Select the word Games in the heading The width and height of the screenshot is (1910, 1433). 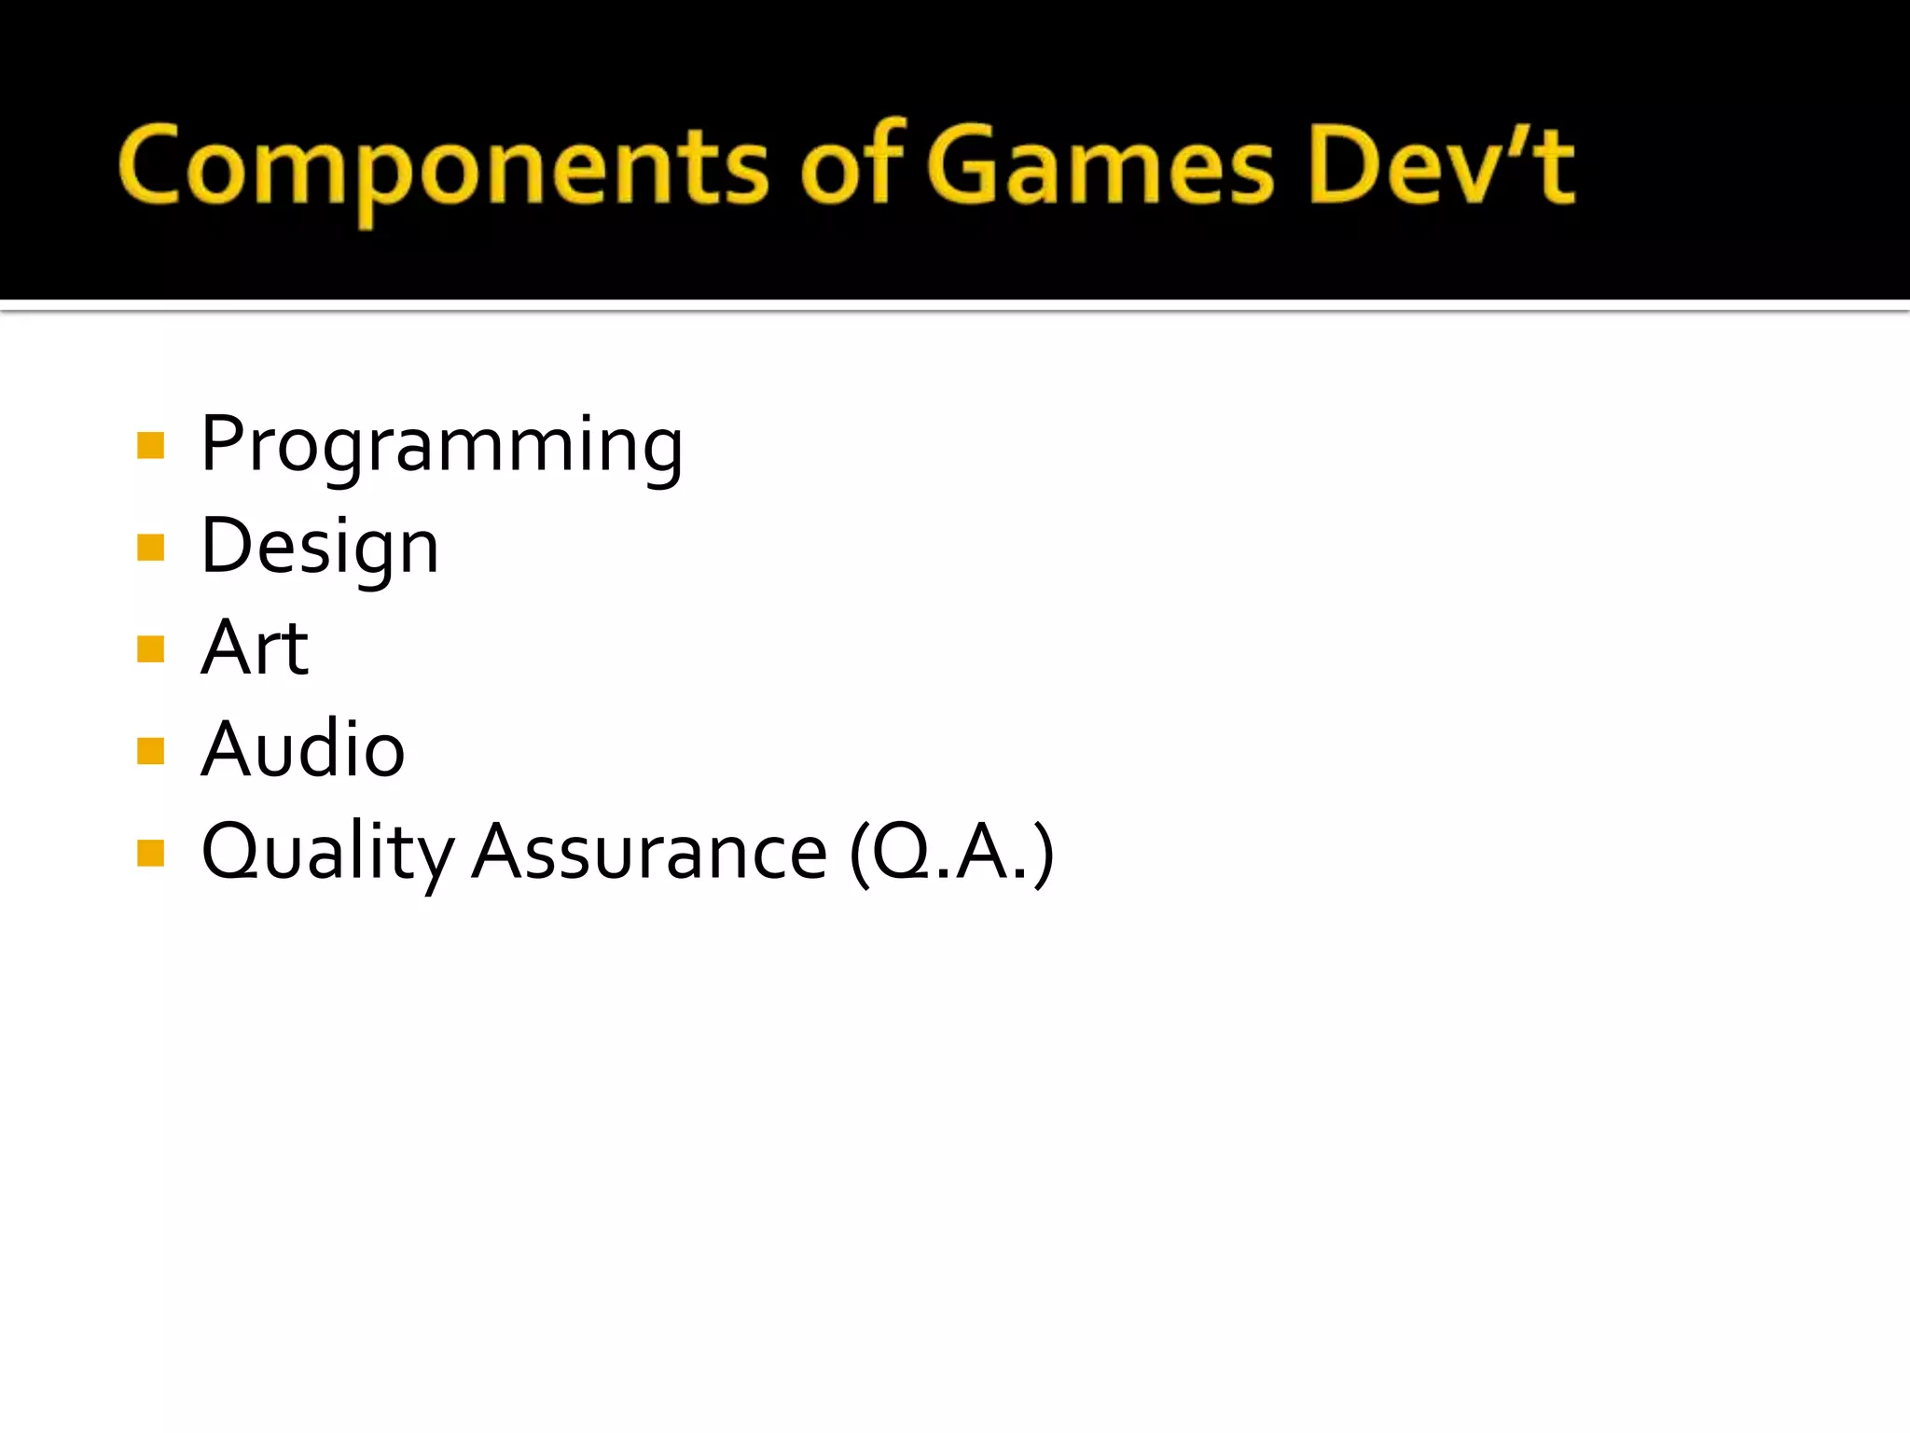pos(1100,166)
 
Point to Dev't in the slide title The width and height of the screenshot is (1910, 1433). pos(1441,166)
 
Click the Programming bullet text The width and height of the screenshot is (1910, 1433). pos(442,446)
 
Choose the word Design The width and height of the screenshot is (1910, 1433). pos(320,548)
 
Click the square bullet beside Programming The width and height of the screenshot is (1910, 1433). pos(150,446)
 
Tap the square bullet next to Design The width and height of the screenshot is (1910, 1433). pos(150,548)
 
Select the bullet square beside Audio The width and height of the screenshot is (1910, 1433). pos(150,750)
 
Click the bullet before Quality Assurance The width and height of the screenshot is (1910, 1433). pos(150,853)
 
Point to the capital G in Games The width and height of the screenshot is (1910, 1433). pos(964,166)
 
